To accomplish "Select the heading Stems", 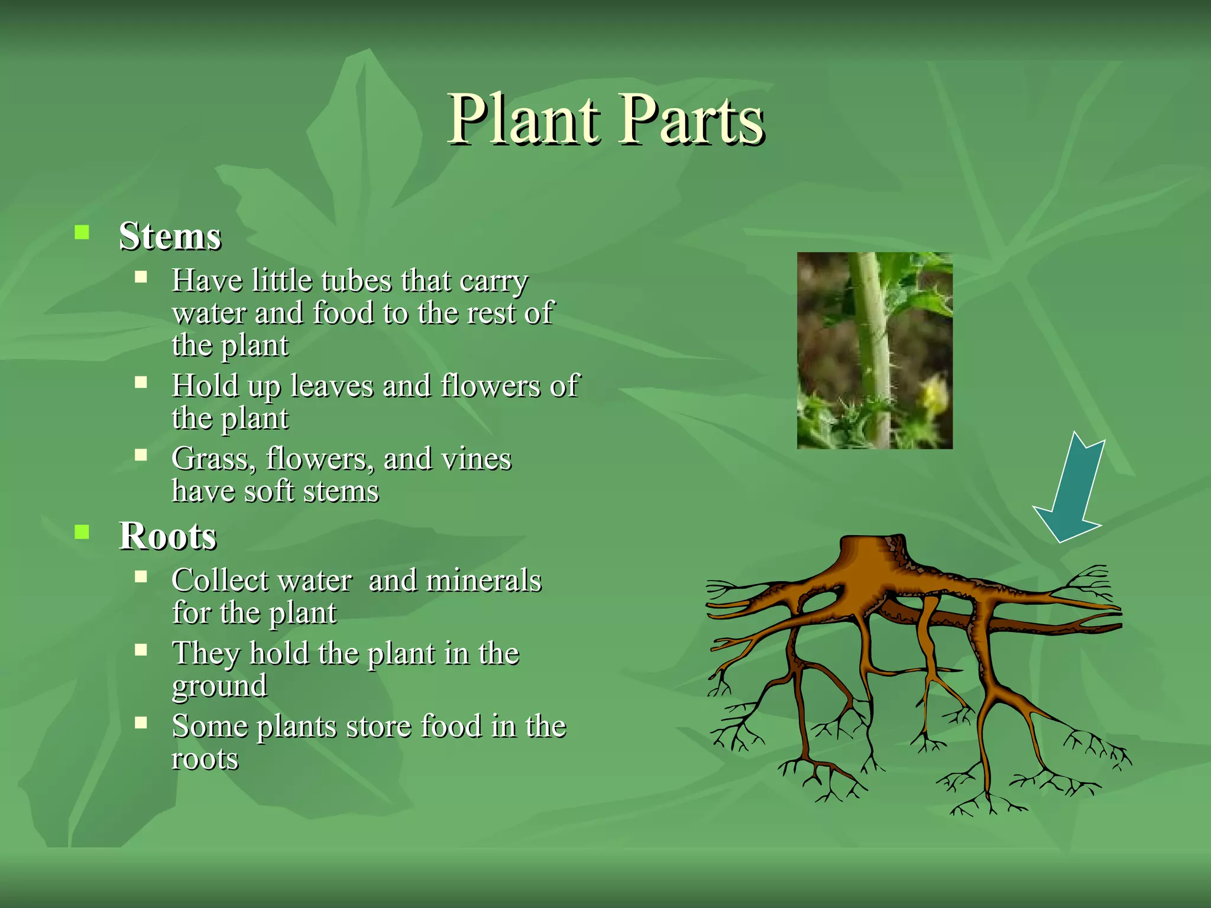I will coord(170,236).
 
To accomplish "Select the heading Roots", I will coord(168,536).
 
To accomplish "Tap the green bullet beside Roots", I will coord(82,532).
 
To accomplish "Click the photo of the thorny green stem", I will coord(874,350).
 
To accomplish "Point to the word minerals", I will coord(484,581).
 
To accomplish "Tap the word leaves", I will coord(332,386).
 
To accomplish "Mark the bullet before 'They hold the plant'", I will coord(141,650).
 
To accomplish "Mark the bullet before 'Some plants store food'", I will coord(141,722).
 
